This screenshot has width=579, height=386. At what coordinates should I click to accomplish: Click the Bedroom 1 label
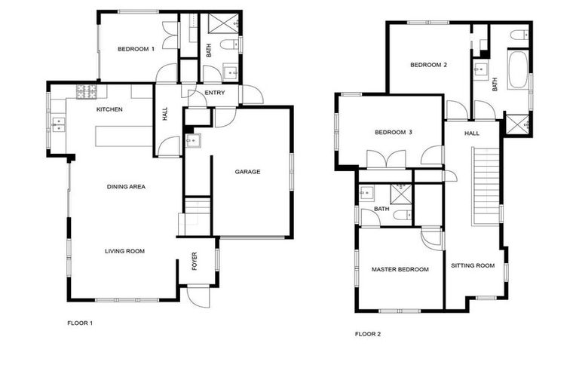pyautogui.click(x=136, y=50)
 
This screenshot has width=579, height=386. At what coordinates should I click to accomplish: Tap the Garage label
pyautogui.click(x=247, y=172)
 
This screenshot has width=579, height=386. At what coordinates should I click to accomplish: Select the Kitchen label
pyautogui.click(x=109, y=110)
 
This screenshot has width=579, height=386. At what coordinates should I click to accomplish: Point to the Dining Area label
pyautogui.click(x=126, y=186)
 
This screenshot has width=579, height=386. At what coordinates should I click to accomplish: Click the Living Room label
pyautogui.click(x=124, y=251)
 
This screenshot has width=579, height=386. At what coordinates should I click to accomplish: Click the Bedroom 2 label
pyautogui.click(x=429, y=65)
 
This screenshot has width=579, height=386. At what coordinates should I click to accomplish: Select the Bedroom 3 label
pyautogui.click(x=394, y=133)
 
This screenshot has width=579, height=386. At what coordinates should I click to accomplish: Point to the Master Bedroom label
pyautogui.click(x=400, y=269)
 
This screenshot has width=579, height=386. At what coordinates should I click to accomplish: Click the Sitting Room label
pyautogui.click(x=473, y=265)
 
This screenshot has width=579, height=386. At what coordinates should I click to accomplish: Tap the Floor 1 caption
pyautogui.click(x=80, y=323)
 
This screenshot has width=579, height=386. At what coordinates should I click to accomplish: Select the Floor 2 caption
pyautogui.click(x=368, y=333)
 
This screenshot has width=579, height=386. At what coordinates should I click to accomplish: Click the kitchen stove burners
pyautogui.click(x=86, y=92)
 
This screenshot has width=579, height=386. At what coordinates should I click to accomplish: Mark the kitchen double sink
pyautogui.click(x=58, y=124)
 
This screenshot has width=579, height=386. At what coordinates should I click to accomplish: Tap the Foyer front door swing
pyautogui.click(x=198, y=296)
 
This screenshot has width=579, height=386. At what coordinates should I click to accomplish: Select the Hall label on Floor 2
pyautogui.click(x=472, y=133)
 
